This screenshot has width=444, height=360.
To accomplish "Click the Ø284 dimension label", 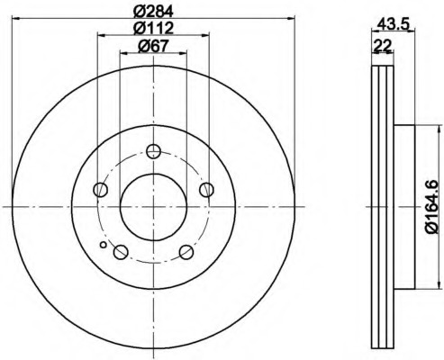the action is point(153,11).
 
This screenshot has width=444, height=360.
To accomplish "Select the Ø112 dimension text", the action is point(153,28).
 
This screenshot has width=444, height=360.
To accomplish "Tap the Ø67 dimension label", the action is point(153,46).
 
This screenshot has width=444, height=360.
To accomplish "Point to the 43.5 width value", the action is point(394,23).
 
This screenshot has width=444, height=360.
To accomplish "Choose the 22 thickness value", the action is point(383,46).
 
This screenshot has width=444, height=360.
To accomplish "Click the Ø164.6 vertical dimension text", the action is point(433,207).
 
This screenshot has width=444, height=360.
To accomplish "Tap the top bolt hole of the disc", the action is point(153,151).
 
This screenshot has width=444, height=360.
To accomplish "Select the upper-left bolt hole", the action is point(101,190).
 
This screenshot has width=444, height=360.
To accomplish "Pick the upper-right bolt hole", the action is point(206,190).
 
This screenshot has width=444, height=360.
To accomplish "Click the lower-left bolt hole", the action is point(121,252).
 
